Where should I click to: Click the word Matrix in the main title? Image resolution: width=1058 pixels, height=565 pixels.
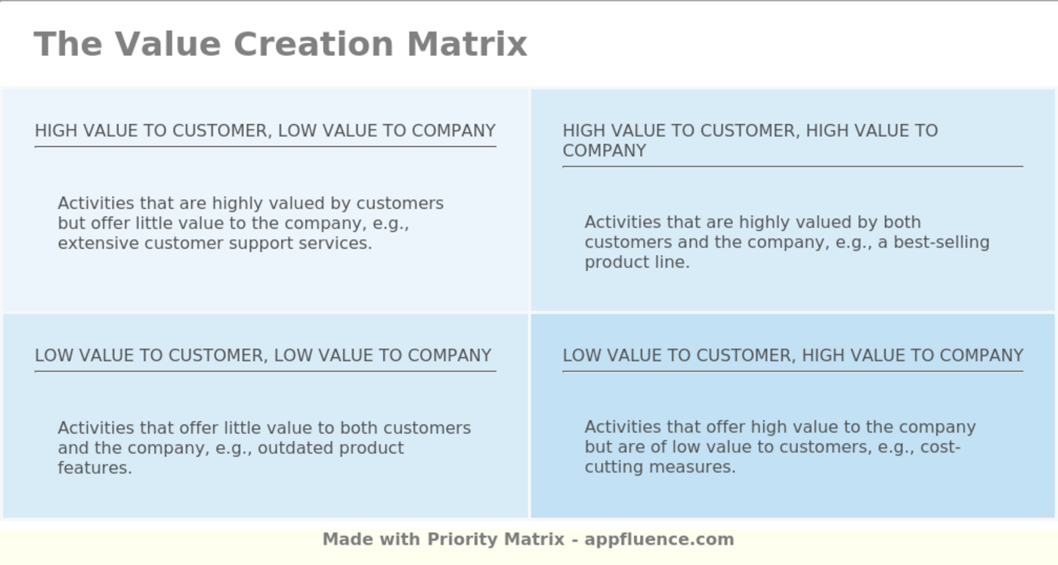[x=466, y=44]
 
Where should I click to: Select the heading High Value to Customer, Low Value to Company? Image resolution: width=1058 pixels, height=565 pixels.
[x=264, y=131]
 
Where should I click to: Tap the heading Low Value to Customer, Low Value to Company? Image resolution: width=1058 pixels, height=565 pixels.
[x=263, y=355]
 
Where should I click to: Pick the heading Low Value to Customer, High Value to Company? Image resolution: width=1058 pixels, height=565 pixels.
[x=793, y=355]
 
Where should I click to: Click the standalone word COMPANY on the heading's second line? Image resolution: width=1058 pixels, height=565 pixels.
[x=604, y=151]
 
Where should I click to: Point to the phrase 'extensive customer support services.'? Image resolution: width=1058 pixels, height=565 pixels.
[x=215, y=244]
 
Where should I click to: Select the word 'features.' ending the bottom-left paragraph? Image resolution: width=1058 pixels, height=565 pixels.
[x=94, y=468]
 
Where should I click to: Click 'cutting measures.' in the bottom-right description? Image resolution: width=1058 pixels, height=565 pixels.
[x=660, y=467]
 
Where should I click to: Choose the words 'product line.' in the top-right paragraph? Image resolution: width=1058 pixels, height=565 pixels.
[x=637, y=262]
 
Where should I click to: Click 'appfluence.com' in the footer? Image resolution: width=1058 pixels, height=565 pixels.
[x=659, y=540]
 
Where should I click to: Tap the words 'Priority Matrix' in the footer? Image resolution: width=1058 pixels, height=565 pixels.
[x=496, y=540]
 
